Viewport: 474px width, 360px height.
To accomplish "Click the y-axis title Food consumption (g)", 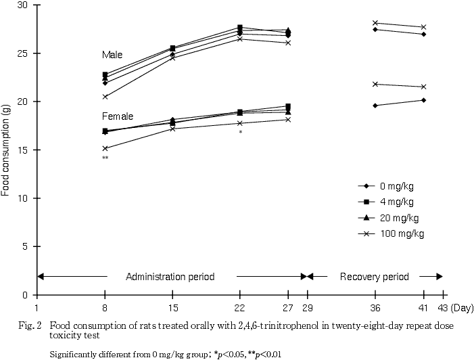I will pyautogui.click(x=5, y=150).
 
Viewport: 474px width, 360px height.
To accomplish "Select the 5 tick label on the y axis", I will pyautogui.click(x=27, y=247).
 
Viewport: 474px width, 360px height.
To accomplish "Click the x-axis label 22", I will pyautogui.click(x=240, y=307).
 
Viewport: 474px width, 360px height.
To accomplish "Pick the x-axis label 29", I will pyautogui.click(x=308, y=307).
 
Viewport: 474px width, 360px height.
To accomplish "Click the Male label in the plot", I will pyautogui.click(x=113, y=54).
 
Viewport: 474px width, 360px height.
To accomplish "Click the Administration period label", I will pyautogui.click(x=170, y=277).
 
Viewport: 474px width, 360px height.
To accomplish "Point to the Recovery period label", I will pyautogui.click(x=374, y=277).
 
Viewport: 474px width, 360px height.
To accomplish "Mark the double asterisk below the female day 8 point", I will pyautogui.click(x=105, y=158).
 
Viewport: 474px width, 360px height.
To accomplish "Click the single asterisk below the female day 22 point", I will pyautogui.click(x=240, y=133).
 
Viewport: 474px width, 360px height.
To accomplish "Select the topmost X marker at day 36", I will pyautogui.click(x=375, y=23).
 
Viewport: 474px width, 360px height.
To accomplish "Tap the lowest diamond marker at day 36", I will pyautogui.click(x=375, y=106).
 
